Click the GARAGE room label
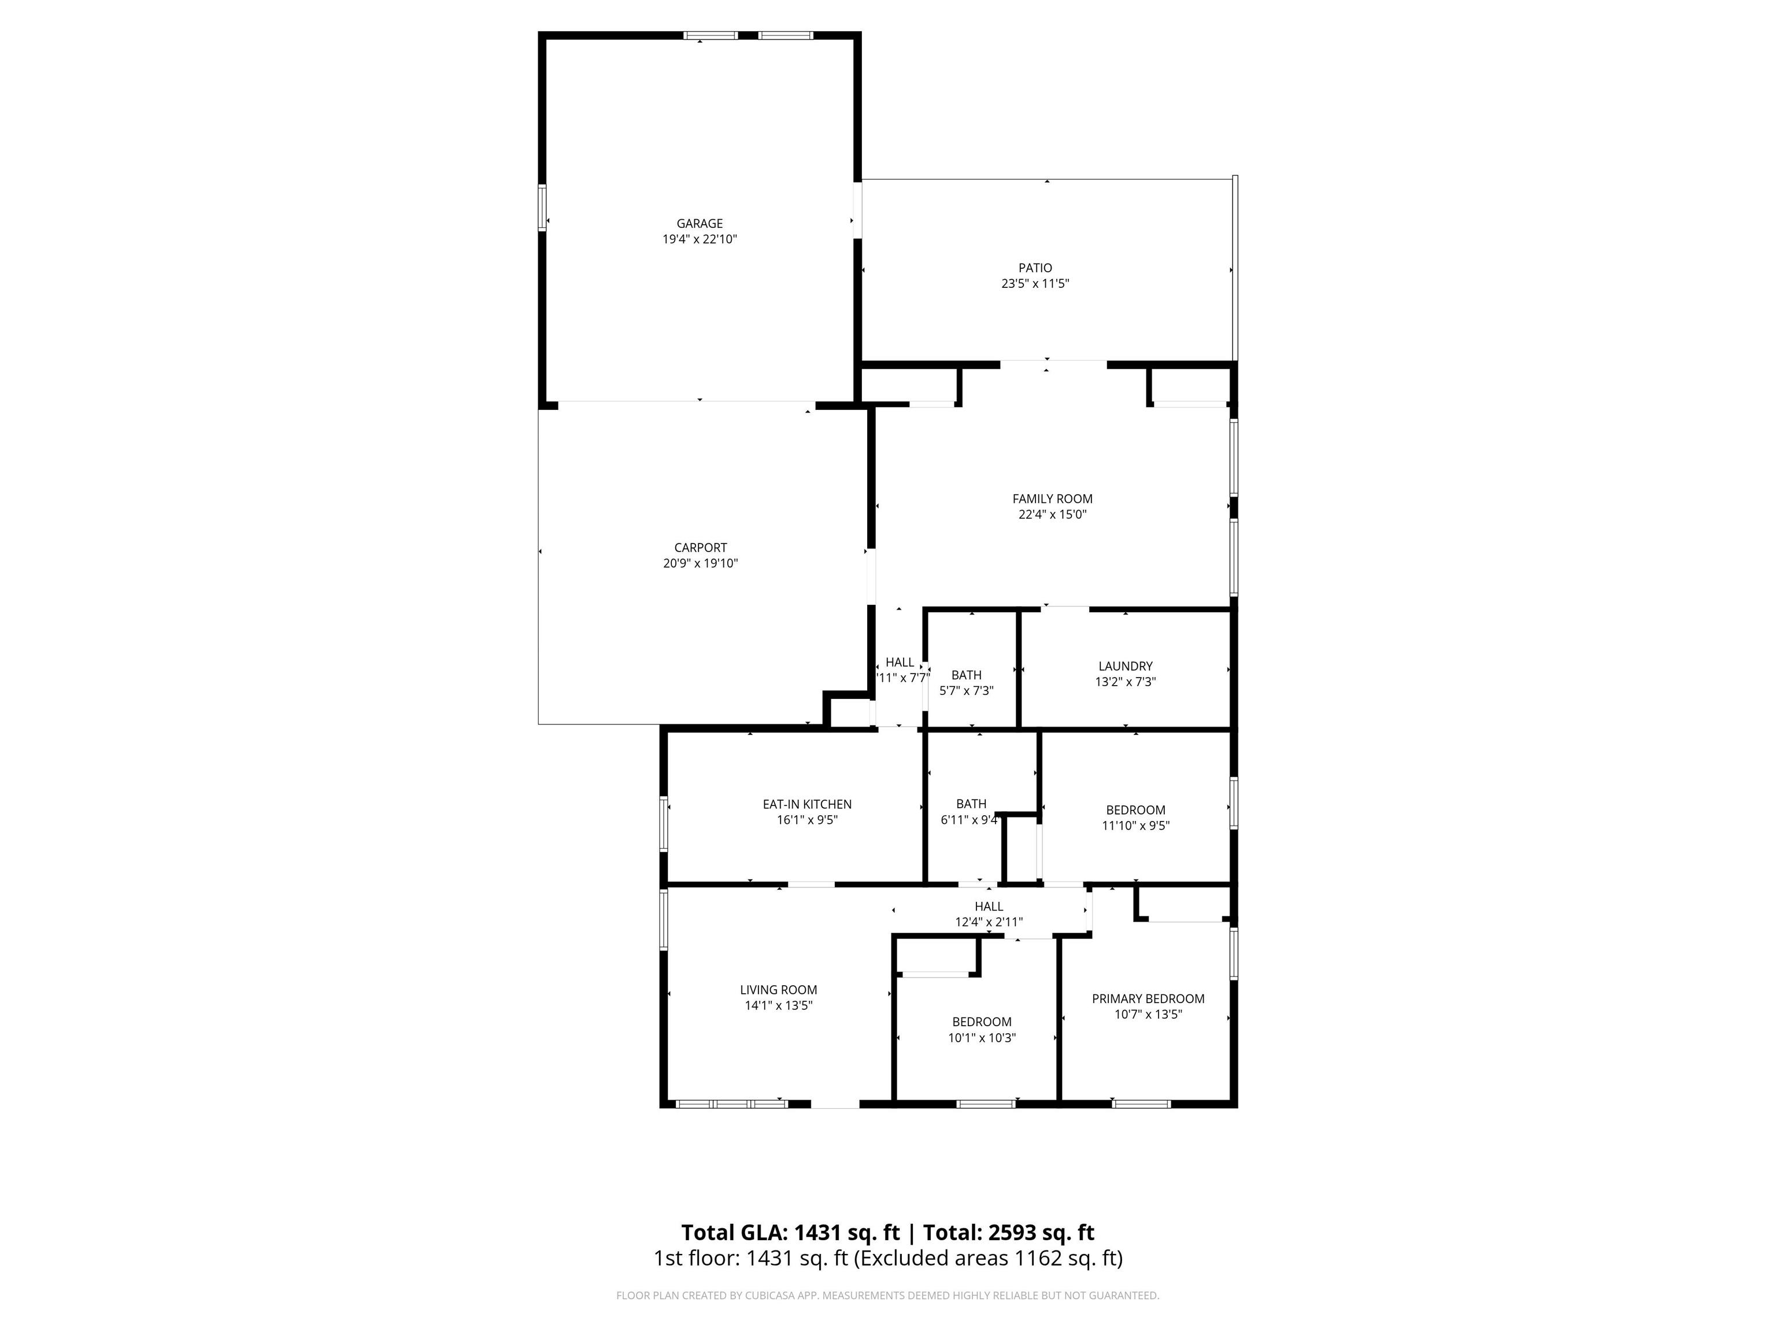[700, 223]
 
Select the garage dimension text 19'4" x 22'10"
[700, 239]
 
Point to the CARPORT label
[700, 547]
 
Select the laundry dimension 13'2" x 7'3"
[1125, 682]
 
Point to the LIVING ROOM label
[778, 990]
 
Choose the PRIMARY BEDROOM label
[1148, 999]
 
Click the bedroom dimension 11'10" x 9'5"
[1135, 826]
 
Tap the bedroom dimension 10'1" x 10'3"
[981, 1037]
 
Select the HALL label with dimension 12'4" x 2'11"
[989, 906]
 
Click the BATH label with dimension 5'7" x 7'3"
[966, 675]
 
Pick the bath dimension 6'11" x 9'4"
[969, 820]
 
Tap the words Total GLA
[735, 1233]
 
